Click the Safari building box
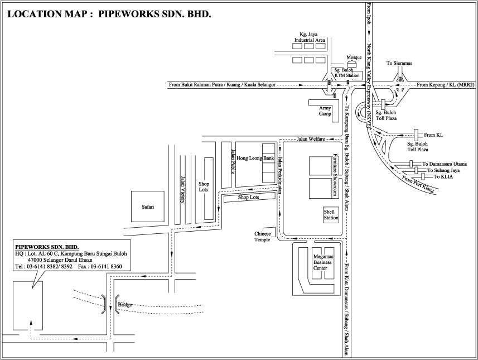(x=148, y=206)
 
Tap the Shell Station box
(x=331, y=215)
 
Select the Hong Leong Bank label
(x=255, y=159)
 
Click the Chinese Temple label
(x=263, y=237)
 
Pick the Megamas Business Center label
(x=322, y=261)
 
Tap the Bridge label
(x=124, y=304)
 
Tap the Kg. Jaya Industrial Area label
(x=311, y=37)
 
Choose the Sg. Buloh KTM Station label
(x=346, y=72)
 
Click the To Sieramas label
(x=399, y=64)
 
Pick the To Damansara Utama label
(x=443, y=164)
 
